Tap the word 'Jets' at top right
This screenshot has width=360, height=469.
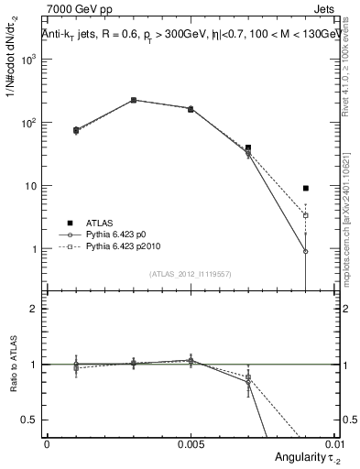coord(323,10)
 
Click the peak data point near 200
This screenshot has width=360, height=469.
coord(134,100)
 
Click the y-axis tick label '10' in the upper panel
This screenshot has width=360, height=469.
coord(31,186)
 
